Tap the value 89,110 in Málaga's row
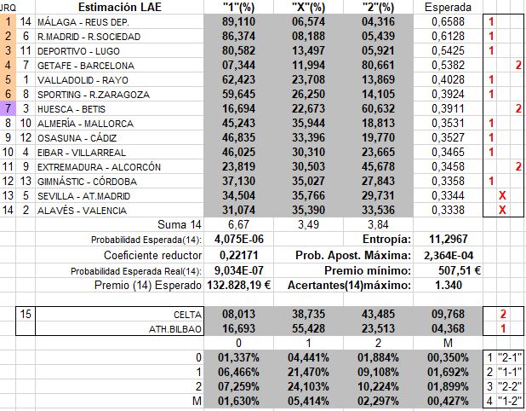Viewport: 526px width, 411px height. (238, 21)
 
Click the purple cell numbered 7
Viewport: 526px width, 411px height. (8, 108)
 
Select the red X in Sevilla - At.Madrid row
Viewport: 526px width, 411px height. (502, 195)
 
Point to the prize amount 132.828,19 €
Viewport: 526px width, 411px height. (232, 285)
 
